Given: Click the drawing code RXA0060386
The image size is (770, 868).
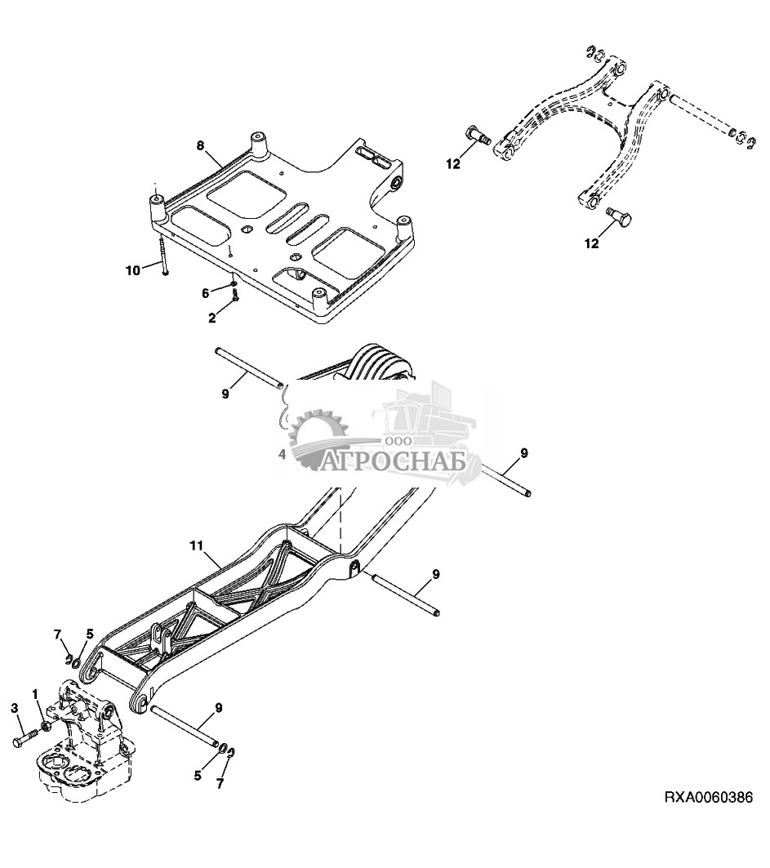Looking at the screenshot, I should tap(706, 797).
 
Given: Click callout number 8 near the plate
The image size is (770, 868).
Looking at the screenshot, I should tap(199, 145).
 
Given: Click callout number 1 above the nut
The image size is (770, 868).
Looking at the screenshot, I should tap(35, 694).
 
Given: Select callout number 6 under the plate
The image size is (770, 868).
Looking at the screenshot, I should tap(207, 292).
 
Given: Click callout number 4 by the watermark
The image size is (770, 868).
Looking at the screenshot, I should tap(283, 453).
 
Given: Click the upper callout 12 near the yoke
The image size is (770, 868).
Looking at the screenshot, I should tap(453, 163).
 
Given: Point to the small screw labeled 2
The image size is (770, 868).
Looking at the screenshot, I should tap(235, 299).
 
